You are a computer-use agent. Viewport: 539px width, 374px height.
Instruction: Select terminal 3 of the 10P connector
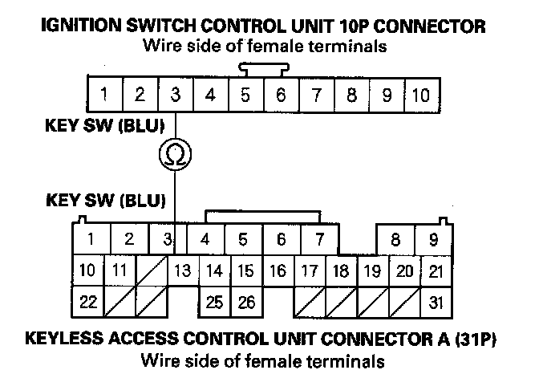pos(175,96)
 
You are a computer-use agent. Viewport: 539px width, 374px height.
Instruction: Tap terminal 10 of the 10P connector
pos(421,96)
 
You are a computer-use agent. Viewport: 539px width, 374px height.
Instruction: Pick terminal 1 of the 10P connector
pos(104,96)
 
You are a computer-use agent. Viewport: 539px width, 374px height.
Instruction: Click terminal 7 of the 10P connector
pos(316,96)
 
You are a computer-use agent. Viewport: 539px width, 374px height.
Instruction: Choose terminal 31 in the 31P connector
pos(434,303)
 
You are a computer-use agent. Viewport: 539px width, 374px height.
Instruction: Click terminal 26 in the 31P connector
pos(245,303)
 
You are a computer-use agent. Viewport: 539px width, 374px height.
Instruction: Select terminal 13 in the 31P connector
pos(182,270)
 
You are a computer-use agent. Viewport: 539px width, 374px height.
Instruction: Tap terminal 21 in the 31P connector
pos(434,270)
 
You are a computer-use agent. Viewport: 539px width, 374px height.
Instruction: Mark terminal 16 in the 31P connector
pos(277,270)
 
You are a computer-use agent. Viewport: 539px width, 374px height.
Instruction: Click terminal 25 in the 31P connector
pos(213,303)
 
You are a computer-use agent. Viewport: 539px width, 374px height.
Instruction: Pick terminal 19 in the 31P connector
pos(371,270)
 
